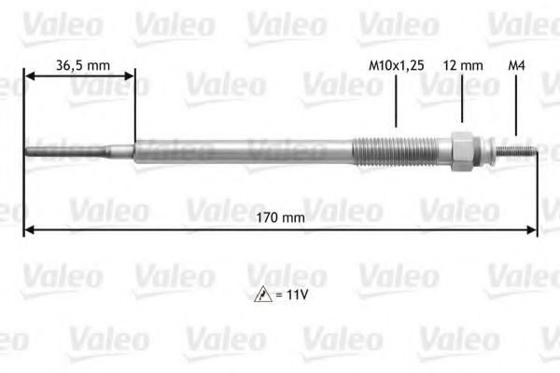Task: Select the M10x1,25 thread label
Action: [396, 65]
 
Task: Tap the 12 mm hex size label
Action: [463, 65]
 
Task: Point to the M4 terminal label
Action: [515, 65]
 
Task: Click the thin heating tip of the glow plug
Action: [56, 150]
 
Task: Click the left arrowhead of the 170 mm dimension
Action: [28, 229]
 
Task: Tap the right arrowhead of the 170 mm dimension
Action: [533, 229]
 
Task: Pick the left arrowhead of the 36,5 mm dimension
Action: [28, 77]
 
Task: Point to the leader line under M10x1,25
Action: [396, 103]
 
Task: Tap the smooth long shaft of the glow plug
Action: [243, 150]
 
